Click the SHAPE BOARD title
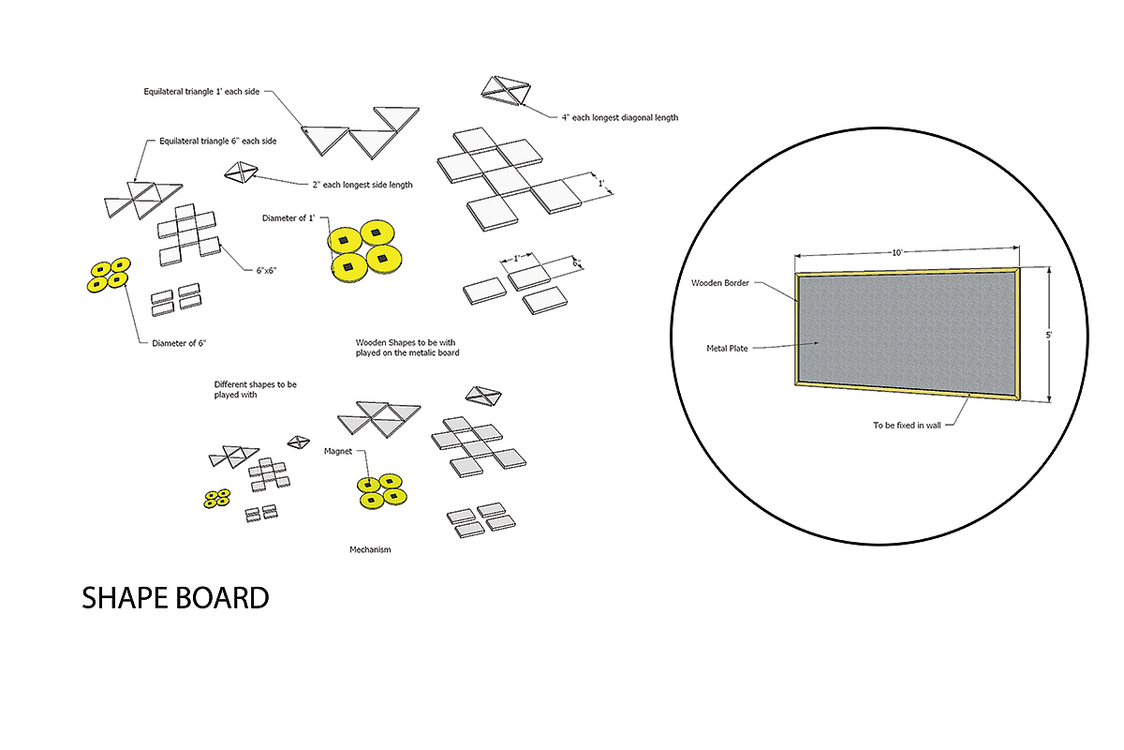click(175, 598)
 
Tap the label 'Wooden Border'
click(720, 283)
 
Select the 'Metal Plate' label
click(727, 348)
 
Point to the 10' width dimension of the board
click(897, 253)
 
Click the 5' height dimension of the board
click(1049, 335)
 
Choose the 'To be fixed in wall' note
click(907, 425)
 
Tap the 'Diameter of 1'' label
click(288, 218)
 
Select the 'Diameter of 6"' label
click(179, 343)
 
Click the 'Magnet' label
click(338, 451)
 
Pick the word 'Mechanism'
click(370, 549)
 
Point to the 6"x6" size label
click(266, 271)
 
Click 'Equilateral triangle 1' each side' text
click(201, 92)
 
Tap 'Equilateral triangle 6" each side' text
click(217, 142)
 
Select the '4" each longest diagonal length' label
click(620, 117)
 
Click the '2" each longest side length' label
click(362, 185)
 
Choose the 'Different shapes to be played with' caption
click(255, 389)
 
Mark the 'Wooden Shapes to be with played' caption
click(407, 348)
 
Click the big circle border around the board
click(671, 337)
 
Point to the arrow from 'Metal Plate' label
click(786, 346)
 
